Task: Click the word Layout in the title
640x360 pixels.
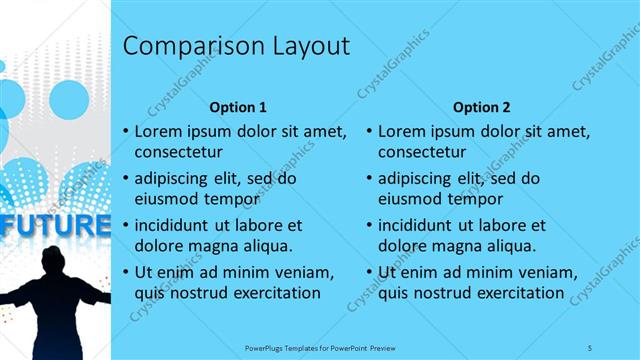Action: (x=311, y=46)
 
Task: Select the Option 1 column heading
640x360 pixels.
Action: (x=238, y=106)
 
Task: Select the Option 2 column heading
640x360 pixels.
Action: (x=481, y=106)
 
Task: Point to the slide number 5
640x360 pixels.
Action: (x=590, y=346)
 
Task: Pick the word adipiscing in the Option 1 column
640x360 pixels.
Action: (x=174, y=179)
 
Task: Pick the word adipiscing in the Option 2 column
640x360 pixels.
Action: (x=418, y=179)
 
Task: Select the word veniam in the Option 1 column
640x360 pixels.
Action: (x=304, y=272)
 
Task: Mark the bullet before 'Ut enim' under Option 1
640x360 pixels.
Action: (x=125, y=272)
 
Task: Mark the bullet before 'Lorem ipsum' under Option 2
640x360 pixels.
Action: (x=369, y=131)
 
